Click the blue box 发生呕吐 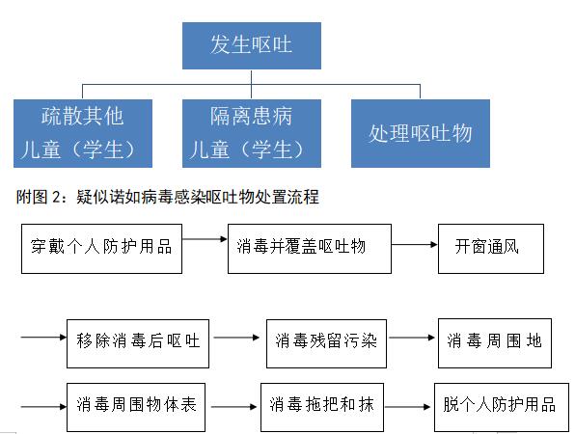[252, 46]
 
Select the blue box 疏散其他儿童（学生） [83, 133]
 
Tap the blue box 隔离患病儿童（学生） [252, 133]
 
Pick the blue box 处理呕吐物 [421, 133]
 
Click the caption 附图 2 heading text [167, 197]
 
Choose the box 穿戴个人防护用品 [101, 249]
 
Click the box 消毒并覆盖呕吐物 [310, 249]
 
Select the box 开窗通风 [491, 249]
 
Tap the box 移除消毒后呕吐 [138, 344]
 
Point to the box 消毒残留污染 [326, 344]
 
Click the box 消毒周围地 [495, 343]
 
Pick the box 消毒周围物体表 [136, 408]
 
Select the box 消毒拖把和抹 [322, 408]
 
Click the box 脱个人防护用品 [502, 408]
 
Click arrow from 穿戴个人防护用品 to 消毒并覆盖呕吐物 [205, 239]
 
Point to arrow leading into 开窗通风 [415, 245]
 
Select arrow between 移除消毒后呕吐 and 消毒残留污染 [236, 338]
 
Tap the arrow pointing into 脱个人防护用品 [407, 406]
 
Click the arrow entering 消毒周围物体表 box [43, 406]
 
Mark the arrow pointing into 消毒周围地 [412, 338]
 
